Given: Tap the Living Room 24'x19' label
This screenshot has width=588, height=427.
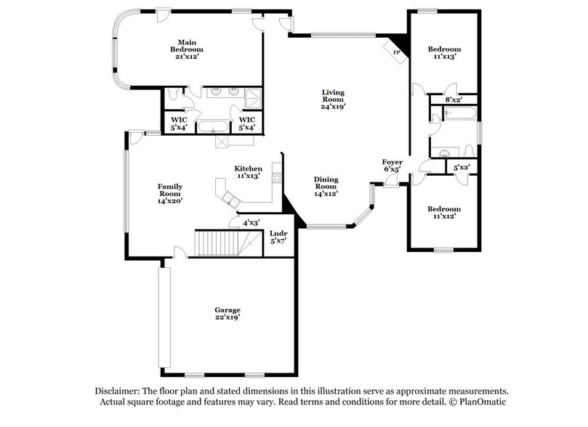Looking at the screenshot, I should coord(334,99).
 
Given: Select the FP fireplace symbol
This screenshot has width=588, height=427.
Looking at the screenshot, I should coord(397,52).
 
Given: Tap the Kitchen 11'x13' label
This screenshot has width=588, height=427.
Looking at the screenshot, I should coord(248,172).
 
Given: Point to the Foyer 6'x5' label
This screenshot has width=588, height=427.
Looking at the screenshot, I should coord(392,166).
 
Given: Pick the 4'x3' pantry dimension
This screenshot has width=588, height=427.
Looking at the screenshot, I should coord(251,223).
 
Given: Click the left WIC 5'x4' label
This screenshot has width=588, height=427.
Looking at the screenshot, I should coord(179,123).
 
